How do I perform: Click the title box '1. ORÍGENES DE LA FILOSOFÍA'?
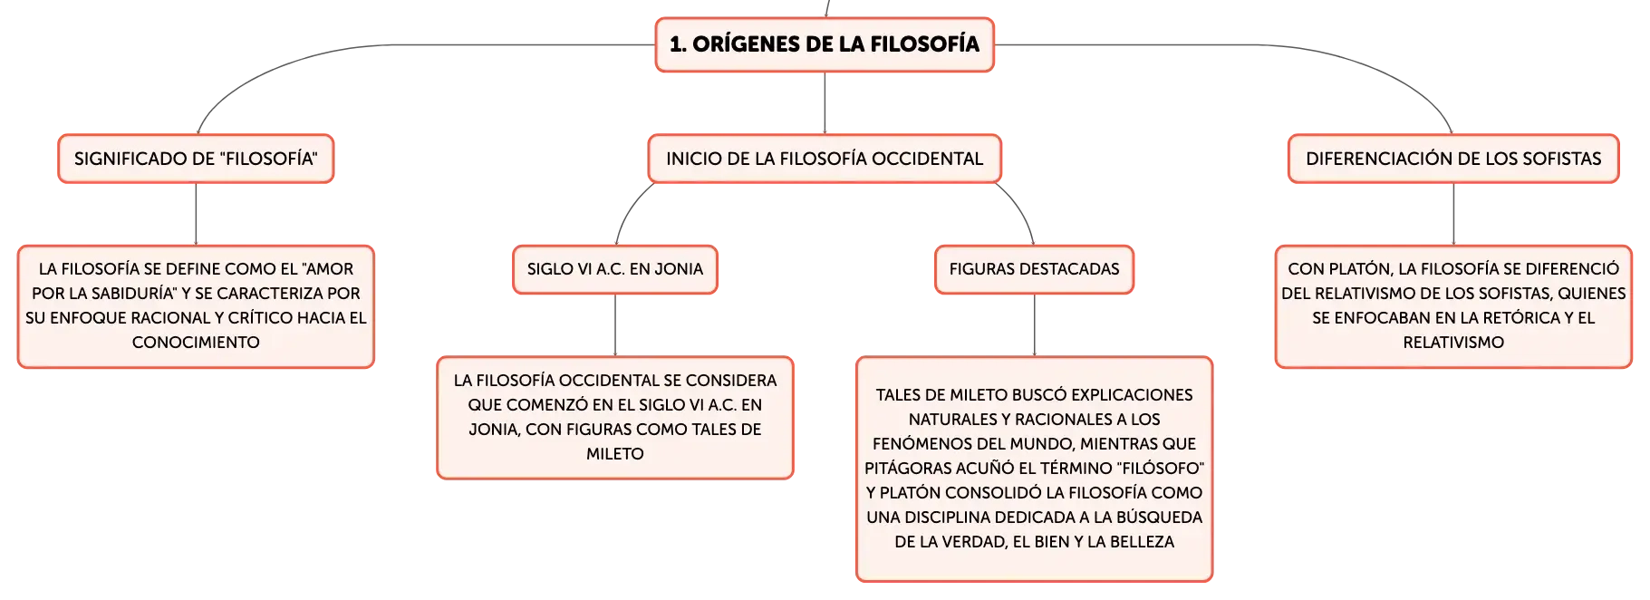[825, 44]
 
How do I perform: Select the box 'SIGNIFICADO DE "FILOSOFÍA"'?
[196, 159]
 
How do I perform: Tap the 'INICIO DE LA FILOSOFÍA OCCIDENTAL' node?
[825, 159]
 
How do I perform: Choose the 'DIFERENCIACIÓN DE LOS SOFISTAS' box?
[1453, 159]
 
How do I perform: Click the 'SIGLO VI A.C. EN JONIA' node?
[615, 269]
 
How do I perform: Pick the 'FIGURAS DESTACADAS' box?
[1034, 269]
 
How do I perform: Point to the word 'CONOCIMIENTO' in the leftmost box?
[196, 343]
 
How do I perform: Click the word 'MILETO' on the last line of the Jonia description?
[615, 454]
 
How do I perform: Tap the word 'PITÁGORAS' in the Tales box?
[907, 469]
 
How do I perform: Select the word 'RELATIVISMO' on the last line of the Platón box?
[1453, 343]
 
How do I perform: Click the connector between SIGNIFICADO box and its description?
[196, 214]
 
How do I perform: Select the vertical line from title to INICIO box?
[825, 103]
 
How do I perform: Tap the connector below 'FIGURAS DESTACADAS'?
[1034, 325]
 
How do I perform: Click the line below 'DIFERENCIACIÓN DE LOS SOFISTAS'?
[1453, 214]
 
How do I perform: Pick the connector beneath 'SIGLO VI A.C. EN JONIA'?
[615, 325]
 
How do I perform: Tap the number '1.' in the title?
[677, 44]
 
